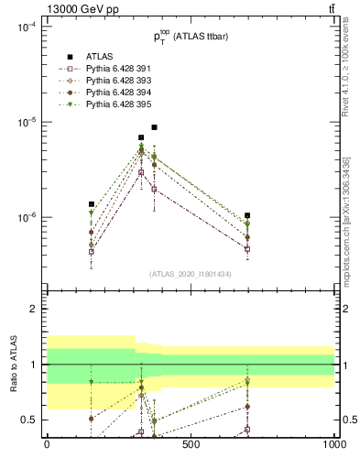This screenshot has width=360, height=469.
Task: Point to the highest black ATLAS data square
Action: coord(154,127)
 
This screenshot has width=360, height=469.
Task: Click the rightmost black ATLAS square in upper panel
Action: coord(247,215)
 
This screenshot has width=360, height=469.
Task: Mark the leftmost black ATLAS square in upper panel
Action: coord(92,204)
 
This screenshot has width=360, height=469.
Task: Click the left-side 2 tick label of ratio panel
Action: coord(33,309)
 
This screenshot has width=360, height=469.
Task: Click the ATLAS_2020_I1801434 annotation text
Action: coord(190,274)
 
